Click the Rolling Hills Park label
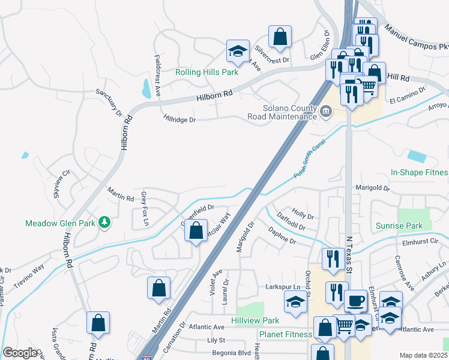point(206,72)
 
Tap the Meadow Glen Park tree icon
point(106,223)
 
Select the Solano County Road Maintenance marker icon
point(326,111)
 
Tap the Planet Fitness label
point(285,334)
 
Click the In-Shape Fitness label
point(420,172)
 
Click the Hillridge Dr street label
point(179,119)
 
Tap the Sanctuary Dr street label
point(109,103)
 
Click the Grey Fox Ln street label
point(144,209)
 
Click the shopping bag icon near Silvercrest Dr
point(280,37)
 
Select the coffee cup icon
point(355,301)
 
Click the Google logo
point(19,353)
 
